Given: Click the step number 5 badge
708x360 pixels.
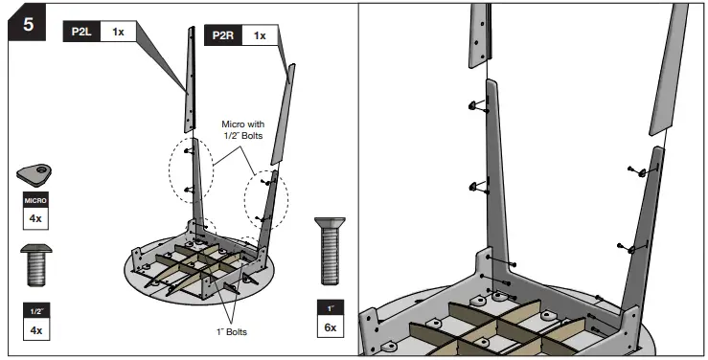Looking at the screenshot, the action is pos(27,23).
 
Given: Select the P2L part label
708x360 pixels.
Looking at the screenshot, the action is pos(81,32).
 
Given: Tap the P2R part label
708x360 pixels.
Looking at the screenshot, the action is pos(223,35).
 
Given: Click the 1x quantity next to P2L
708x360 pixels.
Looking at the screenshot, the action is pos(118,32).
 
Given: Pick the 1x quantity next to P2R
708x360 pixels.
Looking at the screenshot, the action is pos(260,35).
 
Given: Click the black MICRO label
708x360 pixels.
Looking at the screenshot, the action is pos(35,200).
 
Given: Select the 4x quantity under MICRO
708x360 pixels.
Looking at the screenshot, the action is pos(35,218).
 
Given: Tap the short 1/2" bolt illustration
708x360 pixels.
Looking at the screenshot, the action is pos(36,265).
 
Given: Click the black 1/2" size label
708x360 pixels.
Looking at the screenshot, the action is pos(36,311).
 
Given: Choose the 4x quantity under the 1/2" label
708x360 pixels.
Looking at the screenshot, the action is pos(36,330).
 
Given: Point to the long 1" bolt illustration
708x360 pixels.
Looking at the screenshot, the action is pos(331,251).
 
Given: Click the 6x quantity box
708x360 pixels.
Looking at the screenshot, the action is pos(331,326).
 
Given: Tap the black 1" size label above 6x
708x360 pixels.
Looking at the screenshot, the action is pos(331,308).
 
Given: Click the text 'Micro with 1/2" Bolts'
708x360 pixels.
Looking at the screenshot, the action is pos(243,129).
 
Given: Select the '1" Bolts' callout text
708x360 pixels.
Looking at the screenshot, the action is pos(232,332).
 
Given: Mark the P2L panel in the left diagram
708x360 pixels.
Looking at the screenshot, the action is pos(190,79).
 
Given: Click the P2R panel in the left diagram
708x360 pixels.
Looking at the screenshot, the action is pos(284,114).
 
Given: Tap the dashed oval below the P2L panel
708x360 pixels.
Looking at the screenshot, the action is pos(191,169).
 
